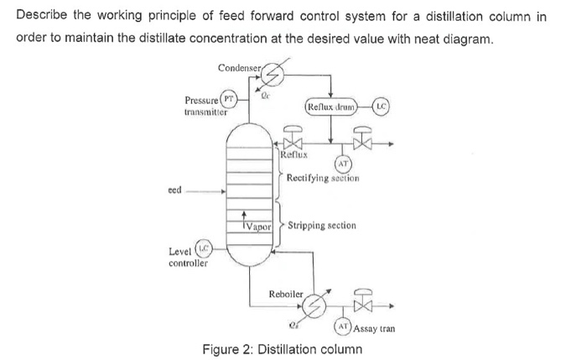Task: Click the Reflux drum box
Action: click(332, 107)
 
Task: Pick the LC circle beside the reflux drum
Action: click(379, 107)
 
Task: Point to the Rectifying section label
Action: click(323, 179)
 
